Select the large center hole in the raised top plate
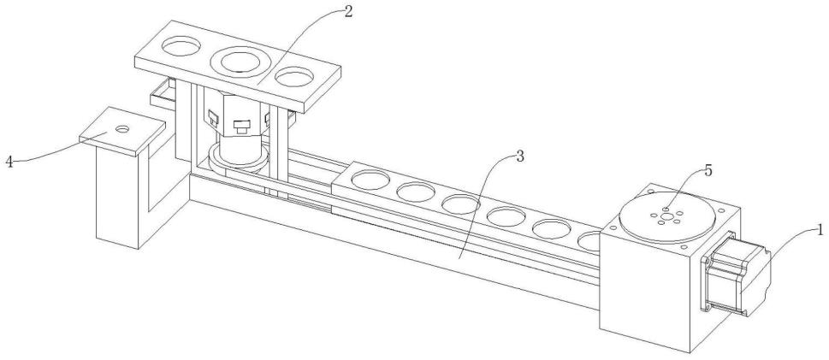(239, 62)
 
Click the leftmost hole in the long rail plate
(369, 180)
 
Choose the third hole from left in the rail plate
(459, 204)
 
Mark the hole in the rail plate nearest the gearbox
(590, 239)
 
